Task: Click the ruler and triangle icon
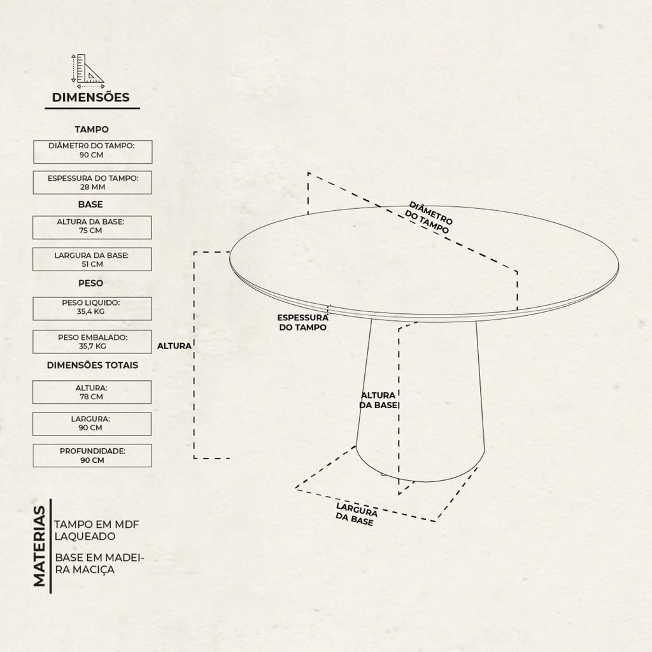pyautogui.click(x=88, y=71)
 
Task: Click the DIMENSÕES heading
pyautogui.click(x=90, y=97)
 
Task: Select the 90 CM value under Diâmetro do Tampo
pyautogui.click(x=92, y=155)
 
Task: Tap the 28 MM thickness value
pyautogui.click(x=93, y=187)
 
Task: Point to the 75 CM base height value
pyautogui.click(x=90, y=230)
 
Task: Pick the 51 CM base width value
pyautogui.click(x=92, y=264)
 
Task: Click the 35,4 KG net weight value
pyautogui.click(x=90, y=311)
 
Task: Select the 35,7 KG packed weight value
pyautogui.click(x=92, y=346)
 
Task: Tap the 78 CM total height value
pyautogui.click(x=92, y=397)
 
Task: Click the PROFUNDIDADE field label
pyautogui.click(x=92, y=451)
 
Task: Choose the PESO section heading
pyautogui.click(x=90, y=283)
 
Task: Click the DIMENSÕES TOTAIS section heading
pyautogui.click(x=92, y=365)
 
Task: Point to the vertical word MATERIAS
pyautogui.click(x=39, y=546)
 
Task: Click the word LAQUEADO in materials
pyautogui.click(x=85, y=536)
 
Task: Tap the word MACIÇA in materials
pyautogui.click(x=94, y=570)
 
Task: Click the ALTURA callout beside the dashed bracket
pyautogui.click(x=174, y=346)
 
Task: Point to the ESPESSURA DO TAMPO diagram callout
pyautogui.click(x=302, y=323)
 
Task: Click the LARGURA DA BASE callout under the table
pyautogui.click(x=356, y=514)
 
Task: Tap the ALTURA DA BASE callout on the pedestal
pyautogui.click(x=378, y=400)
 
